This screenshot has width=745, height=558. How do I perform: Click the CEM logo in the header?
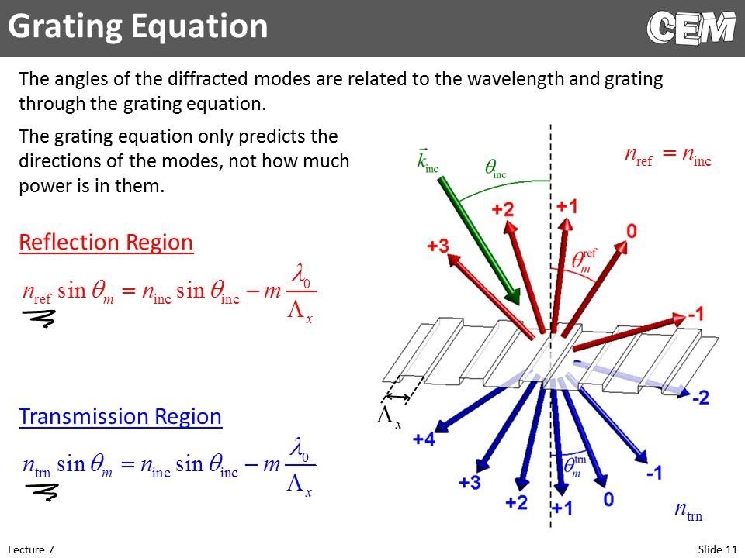tap(690, 29)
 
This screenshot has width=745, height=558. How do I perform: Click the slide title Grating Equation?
tap(138, 27)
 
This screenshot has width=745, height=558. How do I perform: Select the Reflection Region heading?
tap(106, 243)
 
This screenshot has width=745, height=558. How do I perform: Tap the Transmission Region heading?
tap(120, 417)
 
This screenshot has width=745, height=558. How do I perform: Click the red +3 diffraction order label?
tap(438, 246)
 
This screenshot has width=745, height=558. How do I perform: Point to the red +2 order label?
tap(502, 210)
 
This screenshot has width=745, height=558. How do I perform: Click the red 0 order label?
tap(632, 231)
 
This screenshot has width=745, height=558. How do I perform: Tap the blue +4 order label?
tap(424, 440)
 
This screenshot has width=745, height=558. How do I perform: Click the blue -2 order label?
tap(700, 398)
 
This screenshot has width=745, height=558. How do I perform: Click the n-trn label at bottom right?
tap(688, 511)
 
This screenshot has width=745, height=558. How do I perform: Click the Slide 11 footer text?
tap(717, 549)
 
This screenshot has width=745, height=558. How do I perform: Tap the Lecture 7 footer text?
tap(31, 549)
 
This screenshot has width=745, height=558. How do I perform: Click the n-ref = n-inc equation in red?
tap(667, 154)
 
